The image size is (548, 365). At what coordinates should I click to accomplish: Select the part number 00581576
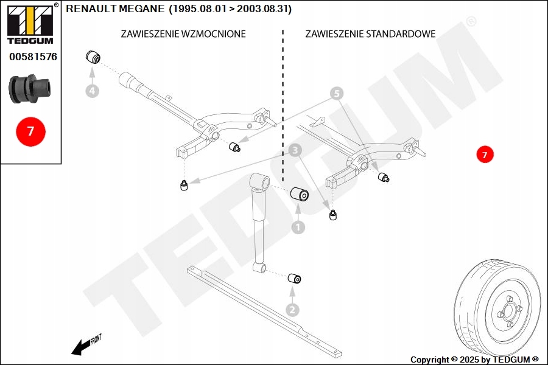pos(33,57)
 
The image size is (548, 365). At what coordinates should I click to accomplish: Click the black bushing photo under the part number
pos(30,89)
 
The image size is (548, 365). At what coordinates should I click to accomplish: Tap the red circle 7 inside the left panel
pos(30,131)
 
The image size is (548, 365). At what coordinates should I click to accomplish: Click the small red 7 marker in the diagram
pos(485,155)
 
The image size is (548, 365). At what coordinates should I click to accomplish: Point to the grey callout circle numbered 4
pos(92,91)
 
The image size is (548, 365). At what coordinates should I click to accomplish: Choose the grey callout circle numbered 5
pos(337,94)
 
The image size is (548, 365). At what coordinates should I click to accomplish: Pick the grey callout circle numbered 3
pos(295,149)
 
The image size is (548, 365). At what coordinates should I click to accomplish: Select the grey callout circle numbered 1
pos(298,227)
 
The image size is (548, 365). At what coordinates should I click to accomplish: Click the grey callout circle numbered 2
pos(293,310)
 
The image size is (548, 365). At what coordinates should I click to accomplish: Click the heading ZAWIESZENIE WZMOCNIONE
pos(183,34)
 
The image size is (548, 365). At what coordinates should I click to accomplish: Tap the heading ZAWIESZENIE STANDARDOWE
pos(370,34)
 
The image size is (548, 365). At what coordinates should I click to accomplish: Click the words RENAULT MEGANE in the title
pos(115,9)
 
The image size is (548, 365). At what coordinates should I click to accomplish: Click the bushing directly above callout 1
pos(300,195)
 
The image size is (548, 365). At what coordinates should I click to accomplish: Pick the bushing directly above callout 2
pos(294,279)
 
